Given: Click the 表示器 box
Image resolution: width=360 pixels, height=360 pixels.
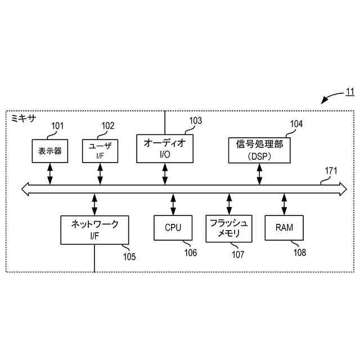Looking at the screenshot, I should (x=50, y=151).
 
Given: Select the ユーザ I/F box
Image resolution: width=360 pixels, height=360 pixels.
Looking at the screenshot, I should (x=100, y=151).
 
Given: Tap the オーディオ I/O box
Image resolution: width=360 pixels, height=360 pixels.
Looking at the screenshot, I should (x=165, y=148).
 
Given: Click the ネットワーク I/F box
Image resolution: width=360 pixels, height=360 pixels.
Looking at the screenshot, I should (x=94, y=229).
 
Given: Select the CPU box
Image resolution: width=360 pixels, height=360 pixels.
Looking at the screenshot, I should (x=173, y=228).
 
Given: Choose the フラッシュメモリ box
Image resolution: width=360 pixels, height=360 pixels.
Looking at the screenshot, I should (x=229, y=228).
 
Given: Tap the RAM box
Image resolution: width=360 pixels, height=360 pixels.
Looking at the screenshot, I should (x=284, y=228).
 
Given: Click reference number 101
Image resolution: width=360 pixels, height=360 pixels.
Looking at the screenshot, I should (x=58, y=126).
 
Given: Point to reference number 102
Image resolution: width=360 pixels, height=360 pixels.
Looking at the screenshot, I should (x=107, y=126).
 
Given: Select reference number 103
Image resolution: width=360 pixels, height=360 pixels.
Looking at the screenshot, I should (x=195, y=120).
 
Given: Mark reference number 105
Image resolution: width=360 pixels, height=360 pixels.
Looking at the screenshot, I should (x=129, y=256).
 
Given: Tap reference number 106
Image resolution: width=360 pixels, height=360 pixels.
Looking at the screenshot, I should (x=191, y=253).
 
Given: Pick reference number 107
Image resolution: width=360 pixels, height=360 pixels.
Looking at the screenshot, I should (x=238, y=254).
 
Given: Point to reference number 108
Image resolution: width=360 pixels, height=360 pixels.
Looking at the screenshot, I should (x=299, y=253).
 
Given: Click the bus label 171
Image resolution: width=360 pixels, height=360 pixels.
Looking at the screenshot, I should (x=332, y=170).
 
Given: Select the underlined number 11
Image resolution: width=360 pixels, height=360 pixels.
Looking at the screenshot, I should (x=349, y=92).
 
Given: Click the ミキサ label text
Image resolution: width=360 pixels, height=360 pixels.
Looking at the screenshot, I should (x=23, y=118).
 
